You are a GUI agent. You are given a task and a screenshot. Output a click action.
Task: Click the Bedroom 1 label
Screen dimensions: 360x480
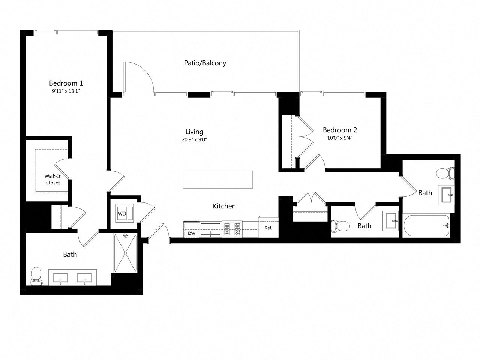pyautogui.click(x=66, y=83)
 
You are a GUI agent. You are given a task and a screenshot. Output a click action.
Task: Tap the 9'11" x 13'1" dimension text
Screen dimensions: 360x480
pyautogui.click(x=66, y=91)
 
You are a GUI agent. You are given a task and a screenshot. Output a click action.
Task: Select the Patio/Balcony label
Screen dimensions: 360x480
pyautogui.click(x=205, y=63)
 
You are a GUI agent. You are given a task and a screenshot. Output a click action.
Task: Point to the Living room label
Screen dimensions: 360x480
pyautogui.click(x=194, y=132)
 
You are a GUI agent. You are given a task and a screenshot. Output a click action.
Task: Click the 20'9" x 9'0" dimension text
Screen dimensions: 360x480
pyautogui.click(x=194, y=139)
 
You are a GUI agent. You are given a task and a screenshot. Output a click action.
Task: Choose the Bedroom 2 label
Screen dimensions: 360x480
pyautogui.click(x=340, y=130)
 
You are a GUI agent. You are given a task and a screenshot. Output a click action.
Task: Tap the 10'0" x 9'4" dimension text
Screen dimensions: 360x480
pyautogui.click(x=340, y=138)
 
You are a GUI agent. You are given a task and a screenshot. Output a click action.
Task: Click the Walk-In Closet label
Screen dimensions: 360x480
pyautogui.click(x=53, y=179)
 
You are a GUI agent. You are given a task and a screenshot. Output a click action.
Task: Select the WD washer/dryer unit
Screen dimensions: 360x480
pyautogui.click(x=124, y=214)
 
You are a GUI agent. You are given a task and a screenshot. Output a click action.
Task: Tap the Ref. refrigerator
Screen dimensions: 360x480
pyautogui.click(x=268, y=228)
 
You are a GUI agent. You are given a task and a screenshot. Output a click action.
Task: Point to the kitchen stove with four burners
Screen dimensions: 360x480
pyautogui.click(x=232, y=229)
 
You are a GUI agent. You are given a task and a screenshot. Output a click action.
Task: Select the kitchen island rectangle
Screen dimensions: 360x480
pyautogui.click(x=218, y=179)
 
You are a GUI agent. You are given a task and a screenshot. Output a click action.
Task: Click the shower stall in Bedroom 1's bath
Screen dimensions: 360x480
pyautogui.click(x=125, y=253)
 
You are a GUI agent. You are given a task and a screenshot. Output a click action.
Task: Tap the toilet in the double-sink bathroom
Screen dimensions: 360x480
pyautogui.click(x=36, y=276)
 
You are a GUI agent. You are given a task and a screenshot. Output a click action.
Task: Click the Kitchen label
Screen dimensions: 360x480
pyautogui.click(x=224, y=206)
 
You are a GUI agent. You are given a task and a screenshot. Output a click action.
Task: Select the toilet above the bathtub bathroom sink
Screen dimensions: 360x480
pyautogui.click(x=445, y=174)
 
